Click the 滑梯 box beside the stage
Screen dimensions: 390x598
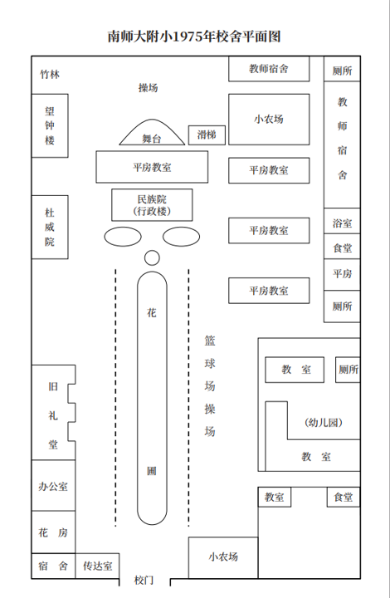coord(207,135)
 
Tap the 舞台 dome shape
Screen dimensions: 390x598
coord(152,132)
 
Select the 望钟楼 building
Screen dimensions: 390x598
coord(50,125)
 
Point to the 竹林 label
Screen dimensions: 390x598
coord(50,74)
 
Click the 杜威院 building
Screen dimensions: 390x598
coord(50,228)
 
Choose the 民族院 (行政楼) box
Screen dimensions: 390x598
coord(152,205)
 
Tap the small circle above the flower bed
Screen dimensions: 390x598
coord(152,257)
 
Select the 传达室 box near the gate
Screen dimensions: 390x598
coord(98,566)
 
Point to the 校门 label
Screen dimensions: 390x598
coord(144,580)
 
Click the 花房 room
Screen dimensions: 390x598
coord(53,532)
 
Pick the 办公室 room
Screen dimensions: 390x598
coord(53,486)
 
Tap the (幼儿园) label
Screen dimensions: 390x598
coord(324,422)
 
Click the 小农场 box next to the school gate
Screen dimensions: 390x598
coord(223,557)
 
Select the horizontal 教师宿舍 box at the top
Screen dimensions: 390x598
coord(269,69)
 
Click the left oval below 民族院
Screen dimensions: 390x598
coord(123,237)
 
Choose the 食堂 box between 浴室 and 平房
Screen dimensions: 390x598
coord(342,247)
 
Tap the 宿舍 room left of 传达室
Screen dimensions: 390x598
coord(53,566)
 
